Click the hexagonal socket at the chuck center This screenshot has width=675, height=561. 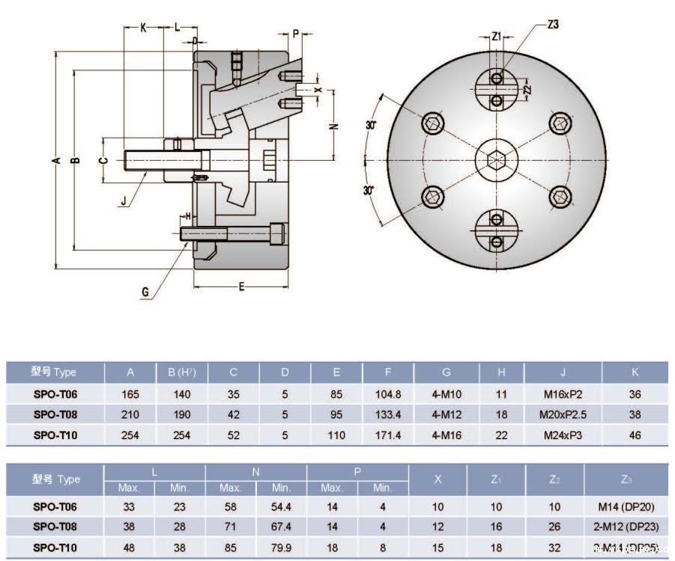point(495,159)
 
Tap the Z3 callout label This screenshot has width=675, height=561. point(553,25)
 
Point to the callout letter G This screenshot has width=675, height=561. point(145,292)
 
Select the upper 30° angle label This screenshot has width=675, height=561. point(371,125)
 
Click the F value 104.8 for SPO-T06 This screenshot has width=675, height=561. point(387,394)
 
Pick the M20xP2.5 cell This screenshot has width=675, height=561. point(563,414)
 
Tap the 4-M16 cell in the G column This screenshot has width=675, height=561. point(446,435)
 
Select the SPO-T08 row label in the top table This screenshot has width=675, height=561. point(55,414)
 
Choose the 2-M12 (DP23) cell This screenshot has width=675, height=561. point(626,527)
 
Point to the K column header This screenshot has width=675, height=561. point(635,373)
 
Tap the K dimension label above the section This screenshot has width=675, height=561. point(143,27)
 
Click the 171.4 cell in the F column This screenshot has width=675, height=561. point(387,435)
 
